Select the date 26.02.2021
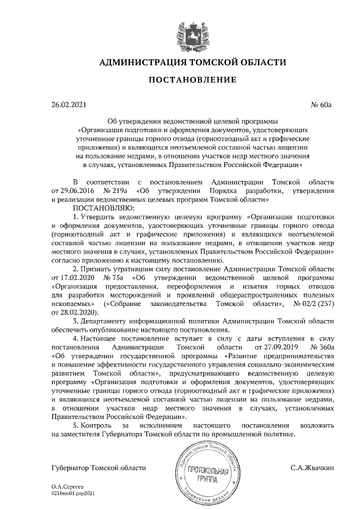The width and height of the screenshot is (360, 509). pyautogui.click(x=68, y=105)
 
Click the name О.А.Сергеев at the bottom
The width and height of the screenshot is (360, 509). pyautogui.click(x=67, y=485)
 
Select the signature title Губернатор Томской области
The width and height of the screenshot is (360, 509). pyautogui.click(x=98, y=467)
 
